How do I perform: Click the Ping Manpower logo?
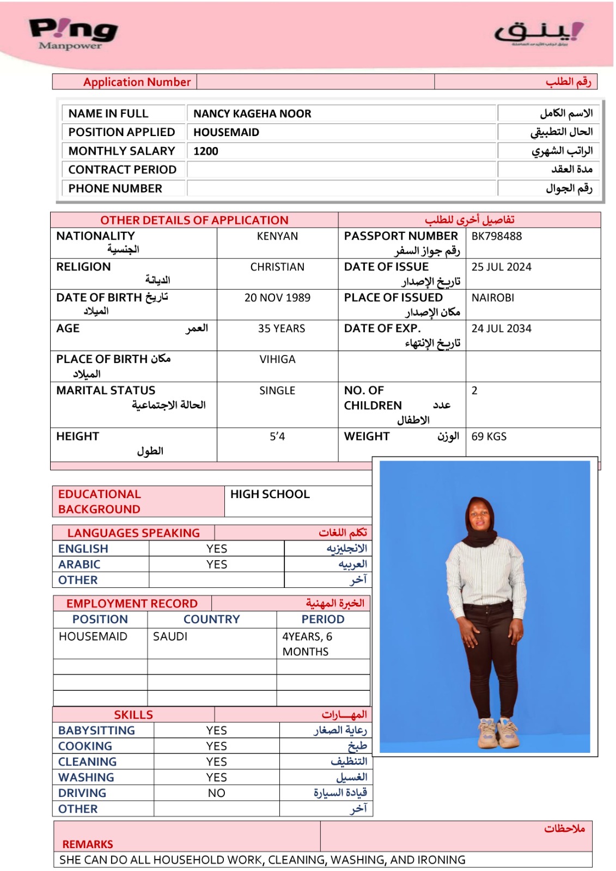[73, 34]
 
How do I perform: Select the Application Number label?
[137, 82]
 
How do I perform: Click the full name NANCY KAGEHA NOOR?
[252, 114]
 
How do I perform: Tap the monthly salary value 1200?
[206, 151]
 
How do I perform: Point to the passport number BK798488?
[496, 236]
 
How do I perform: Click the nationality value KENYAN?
[277, 236]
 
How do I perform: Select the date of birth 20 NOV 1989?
[277, 298]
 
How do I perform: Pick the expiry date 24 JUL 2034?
[501, 329]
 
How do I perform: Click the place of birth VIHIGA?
[277, 359]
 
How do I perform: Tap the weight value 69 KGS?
[489, 437]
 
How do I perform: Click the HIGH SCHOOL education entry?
[270, 494]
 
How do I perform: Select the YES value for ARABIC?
[217, 565]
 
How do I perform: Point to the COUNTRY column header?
[211, 619]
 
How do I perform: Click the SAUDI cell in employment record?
[170, 636]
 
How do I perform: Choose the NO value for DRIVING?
[216, 793]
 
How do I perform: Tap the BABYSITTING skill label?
[96, 731]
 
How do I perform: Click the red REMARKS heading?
[88, 844]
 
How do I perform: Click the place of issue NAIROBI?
[492, 298]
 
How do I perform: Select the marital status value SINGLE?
[277, 391]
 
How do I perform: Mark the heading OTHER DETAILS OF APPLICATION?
[194, 220]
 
